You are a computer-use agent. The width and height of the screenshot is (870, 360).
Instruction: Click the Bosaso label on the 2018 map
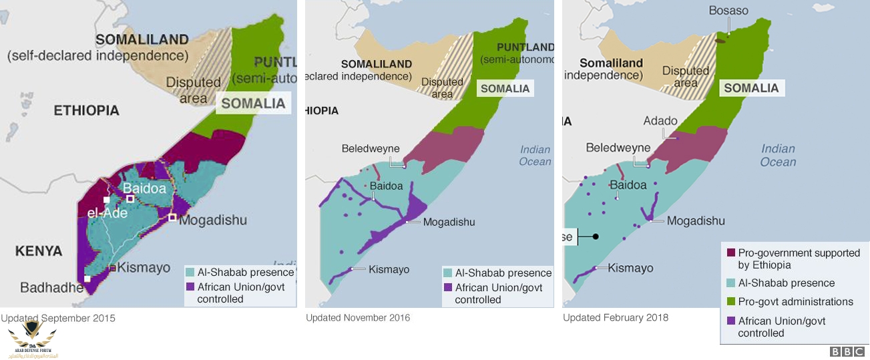(x=728, y=11)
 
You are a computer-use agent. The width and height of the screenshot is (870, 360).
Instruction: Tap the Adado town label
(x=660, y=122)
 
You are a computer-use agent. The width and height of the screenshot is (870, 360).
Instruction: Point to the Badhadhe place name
(x=51, y=288)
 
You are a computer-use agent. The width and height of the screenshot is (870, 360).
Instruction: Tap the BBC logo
(x=847, y=351)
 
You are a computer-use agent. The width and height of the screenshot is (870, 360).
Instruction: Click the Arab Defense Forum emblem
(x=31, y=337)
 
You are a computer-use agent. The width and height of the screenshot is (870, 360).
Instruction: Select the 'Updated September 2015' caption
(x=58, y=319)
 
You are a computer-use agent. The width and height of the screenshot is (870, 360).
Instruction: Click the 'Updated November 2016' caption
(x=358, y=318)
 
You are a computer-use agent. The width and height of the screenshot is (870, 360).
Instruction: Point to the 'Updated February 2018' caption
(x=616, y=318)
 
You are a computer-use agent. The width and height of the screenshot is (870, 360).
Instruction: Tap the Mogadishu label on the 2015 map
(x=213, y=220)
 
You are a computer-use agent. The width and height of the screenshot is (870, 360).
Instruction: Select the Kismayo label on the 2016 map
(x=389, y=269)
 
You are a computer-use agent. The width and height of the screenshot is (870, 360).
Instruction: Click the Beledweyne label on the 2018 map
(x=618, y=148)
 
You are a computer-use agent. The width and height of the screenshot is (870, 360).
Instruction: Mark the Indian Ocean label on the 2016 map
(x=535, y=156)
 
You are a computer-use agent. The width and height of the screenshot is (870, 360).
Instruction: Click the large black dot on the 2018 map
(x=595, y=236)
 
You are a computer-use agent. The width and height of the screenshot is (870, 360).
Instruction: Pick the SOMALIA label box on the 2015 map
(x=253, y=104)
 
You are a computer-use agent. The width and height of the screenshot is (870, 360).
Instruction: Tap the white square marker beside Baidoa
(x=131, y=199)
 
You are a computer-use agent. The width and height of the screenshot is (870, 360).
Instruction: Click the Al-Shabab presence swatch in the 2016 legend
(x=447, y=273)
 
